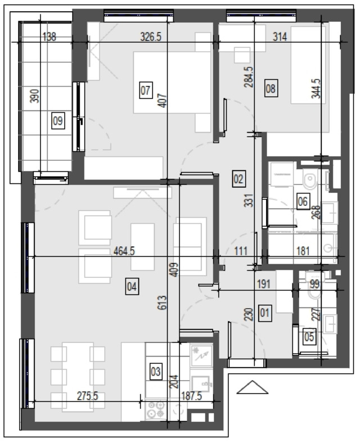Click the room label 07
146,91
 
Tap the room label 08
271,88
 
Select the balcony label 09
58,120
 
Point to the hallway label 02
238,179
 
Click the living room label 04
132,286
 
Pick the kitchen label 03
156,372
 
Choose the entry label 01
265,313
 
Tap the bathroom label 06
303,201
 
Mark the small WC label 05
309,337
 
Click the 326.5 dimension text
151,37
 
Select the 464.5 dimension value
124,251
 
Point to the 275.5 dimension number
88,396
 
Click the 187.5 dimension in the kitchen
191,396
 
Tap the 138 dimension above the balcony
49,37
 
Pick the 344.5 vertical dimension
316,89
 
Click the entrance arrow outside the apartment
252,387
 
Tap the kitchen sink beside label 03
202,383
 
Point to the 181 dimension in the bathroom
303,251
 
